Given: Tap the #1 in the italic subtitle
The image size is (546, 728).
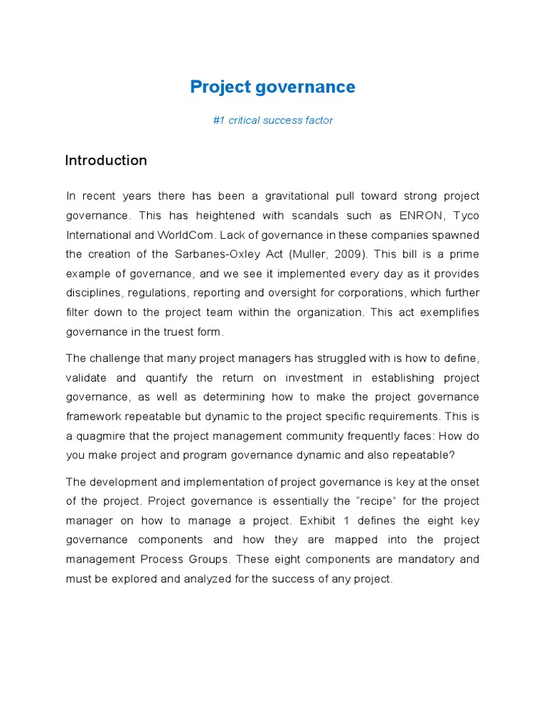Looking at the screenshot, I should point(218,120).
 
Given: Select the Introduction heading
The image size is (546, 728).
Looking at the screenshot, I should point(106,161).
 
